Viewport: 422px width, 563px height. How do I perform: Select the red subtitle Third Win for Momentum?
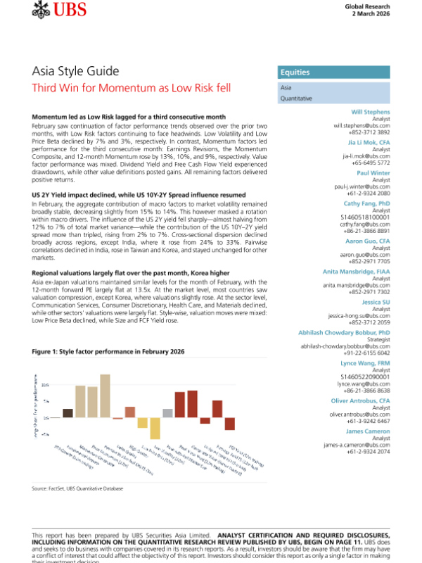[132, 89]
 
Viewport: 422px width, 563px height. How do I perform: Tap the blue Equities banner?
[331, 72]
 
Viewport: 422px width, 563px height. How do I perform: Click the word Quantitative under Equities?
[296, 99]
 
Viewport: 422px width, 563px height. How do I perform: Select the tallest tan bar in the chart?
[105, 396]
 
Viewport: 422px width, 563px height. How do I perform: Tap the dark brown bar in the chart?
[68, 413]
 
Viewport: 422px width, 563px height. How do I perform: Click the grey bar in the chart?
[167, 413]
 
